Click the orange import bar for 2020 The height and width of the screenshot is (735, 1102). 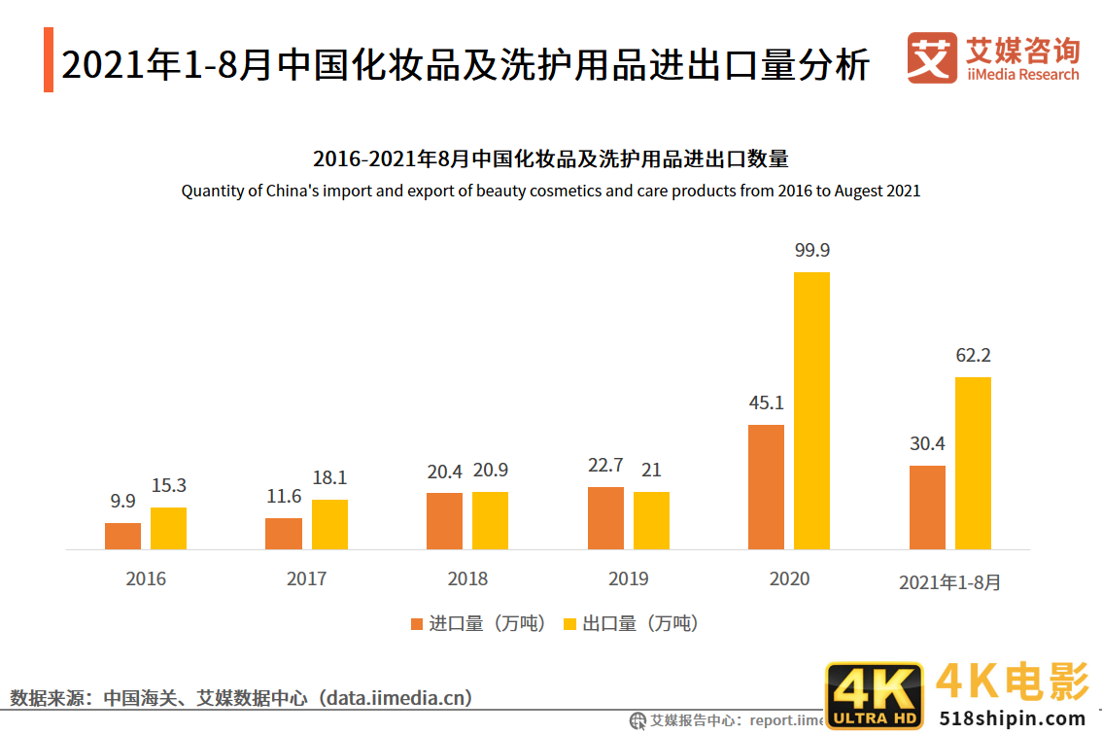tap(766, 487)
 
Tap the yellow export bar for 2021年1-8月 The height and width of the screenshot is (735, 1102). tap(973, 463)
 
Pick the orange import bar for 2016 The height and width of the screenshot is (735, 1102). tap(122, 536)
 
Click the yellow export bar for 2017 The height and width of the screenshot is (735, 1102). tap(329, 524)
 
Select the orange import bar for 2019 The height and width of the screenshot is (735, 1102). tap(605, 517)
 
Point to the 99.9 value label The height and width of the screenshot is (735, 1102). tap(811, 250)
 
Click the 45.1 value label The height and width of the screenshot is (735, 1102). tap(766, 402)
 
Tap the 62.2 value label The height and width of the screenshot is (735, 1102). tap(973, 355)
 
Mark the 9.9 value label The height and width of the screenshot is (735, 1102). tap(122, 502)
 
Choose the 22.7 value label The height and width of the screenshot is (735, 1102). tap(605, 466)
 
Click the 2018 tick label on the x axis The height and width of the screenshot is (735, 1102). tap(467, 578)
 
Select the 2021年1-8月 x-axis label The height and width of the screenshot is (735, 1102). tap(949, 582)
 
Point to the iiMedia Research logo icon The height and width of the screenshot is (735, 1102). tap(931, 58)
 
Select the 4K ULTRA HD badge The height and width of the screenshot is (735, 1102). tap(874, 696)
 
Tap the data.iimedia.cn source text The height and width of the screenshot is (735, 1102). tap(399, 697)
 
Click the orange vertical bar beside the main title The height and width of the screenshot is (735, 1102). tap(49, 60)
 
